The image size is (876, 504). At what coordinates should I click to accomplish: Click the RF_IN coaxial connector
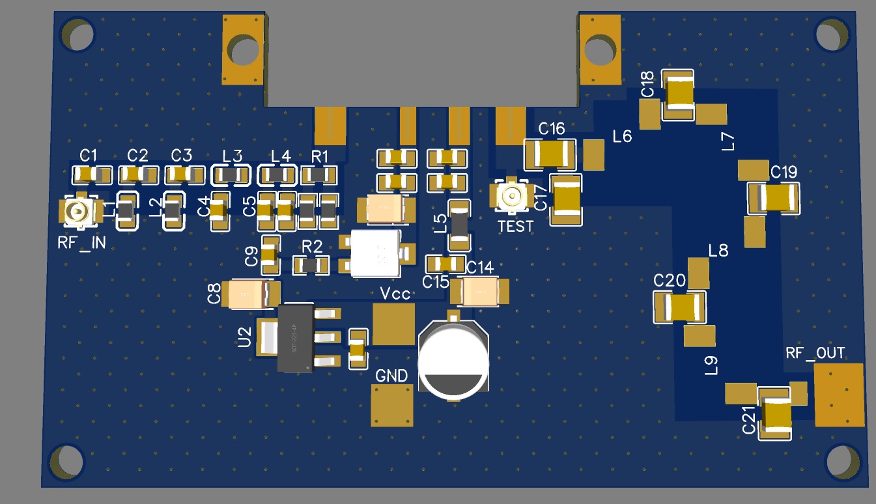tap(78, 211)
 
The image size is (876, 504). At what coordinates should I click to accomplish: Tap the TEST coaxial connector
tap(511, 195)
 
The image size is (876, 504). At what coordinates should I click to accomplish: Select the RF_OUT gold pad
tap(838, 395)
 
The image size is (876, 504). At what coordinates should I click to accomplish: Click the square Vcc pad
tap(393, 324)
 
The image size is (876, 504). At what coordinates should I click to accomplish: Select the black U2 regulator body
tap(296, 337)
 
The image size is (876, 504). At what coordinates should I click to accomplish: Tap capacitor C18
tap(679, 95)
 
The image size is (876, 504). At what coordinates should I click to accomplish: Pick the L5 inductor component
tap(459, 225)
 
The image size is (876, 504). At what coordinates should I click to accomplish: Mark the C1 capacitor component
tap(91, 175)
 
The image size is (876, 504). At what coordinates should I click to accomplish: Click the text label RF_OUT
tap(815, 354)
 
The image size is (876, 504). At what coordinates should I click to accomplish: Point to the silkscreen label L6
tap(622, 137)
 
